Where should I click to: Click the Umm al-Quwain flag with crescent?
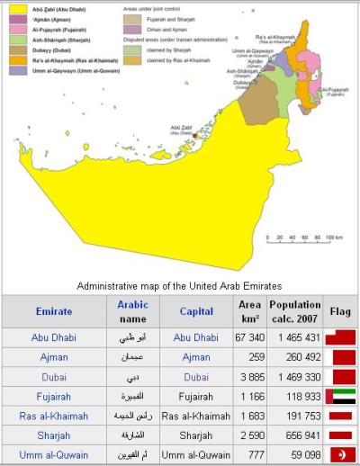click(343, 455)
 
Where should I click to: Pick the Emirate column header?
click(53, 311)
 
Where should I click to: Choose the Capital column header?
click(195, 311)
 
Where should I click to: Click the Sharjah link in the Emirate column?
click(53, 435)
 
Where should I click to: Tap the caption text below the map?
click(180, 284)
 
